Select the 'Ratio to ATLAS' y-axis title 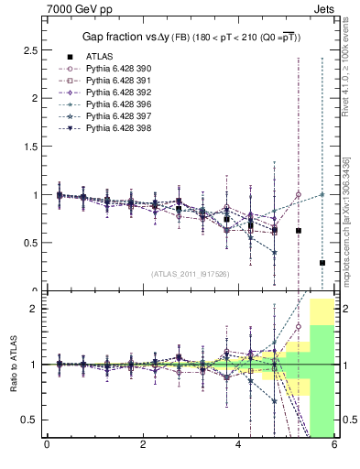(14, 364)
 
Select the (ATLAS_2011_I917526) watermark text (191, 273)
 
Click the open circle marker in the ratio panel (298, 326)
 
